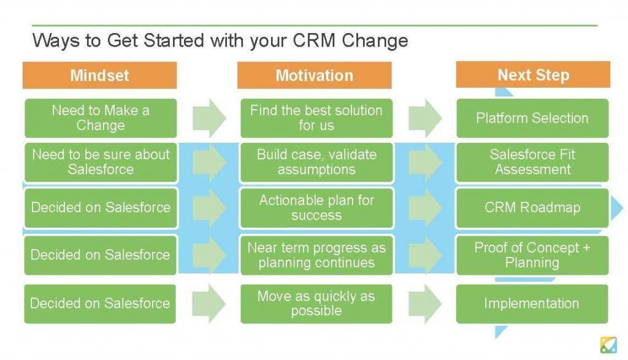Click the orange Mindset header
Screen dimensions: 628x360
[x=100, y=75]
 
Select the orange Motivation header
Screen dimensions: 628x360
[x=315, y=75]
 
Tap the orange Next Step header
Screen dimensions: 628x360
[x=533, y=74]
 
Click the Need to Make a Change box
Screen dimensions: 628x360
[x=101, y=118]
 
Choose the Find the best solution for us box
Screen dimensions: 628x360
[x=316, y=118]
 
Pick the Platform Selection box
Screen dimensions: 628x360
[x=532, y=118]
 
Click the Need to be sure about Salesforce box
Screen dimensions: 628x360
[x=101, y=162]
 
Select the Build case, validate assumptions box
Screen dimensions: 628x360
[x=316, y=162]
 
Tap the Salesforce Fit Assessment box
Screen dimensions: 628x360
[x=532, y=162]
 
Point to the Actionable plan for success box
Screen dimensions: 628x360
[x=316, y=208]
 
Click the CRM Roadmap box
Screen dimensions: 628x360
[x=532, y=208]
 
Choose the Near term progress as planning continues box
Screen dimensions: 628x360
[x=316, y=255]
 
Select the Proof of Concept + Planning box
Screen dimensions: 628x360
[x=532, y=255]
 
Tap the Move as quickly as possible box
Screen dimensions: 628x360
[x=316, y=304]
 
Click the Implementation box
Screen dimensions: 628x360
[x=532, y=304]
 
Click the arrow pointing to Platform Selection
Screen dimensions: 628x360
[x=425, y=118]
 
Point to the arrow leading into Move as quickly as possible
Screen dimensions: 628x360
[x=209, y=304]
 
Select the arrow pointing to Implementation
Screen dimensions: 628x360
[x=425, y=304]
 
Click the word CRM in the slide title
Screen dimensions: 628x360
[x=314, y=40]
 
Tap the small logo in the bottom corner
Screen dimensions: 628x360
[x=608, y=345]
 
